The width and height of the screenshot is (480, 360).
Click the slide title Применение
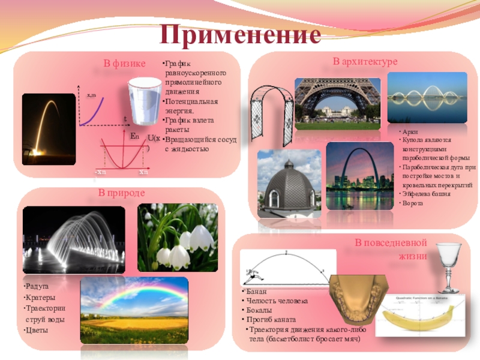[239, 35]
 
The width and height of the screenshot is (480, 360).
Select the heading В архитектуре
[365, 62]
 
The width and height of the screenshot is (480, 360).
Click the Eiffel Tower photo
[337, 103]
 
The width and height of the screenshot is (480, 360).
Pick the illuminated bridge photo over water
[427, 98]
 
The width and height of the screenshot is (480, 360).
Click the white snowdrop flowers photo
[178, 238]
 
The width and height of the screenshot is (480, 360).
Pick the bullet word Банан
[257, 291]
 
